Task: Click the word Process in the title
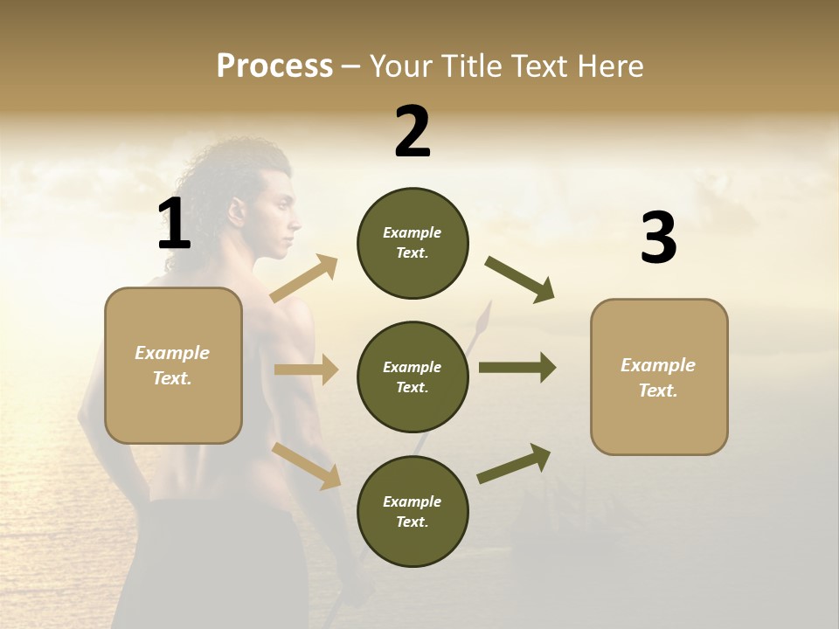point(274,66)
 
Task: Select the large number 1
point(174,224)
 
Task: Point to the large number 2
point(413,132)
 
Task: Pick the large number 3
point(658,238)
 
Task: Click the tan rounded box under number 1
point(173,365)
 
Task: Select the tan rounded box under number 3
point(659,377)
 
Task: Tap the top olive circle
point(413,243)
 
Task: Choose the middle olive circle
point(413,377)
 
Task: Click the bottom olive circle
point(413,511)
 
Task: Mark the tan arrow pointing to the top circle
point(304,279)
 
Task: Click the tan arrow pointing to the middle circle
point(306,370)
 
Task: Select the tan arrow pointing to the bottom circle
point(306,465)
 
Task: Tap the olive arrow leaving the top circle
point(519,280)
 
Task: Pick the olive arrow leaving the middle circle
point(517,368)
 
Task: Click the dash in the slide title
point(350,66)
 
